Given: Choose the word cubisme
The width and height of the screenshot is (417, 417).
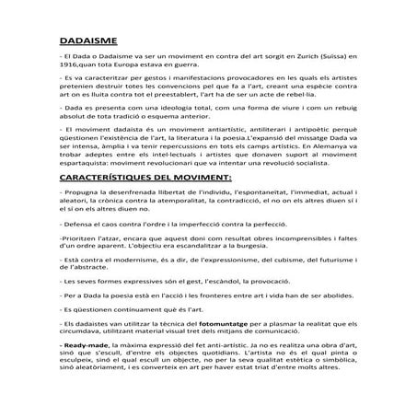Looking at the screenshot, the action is [x=285, y=266].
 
